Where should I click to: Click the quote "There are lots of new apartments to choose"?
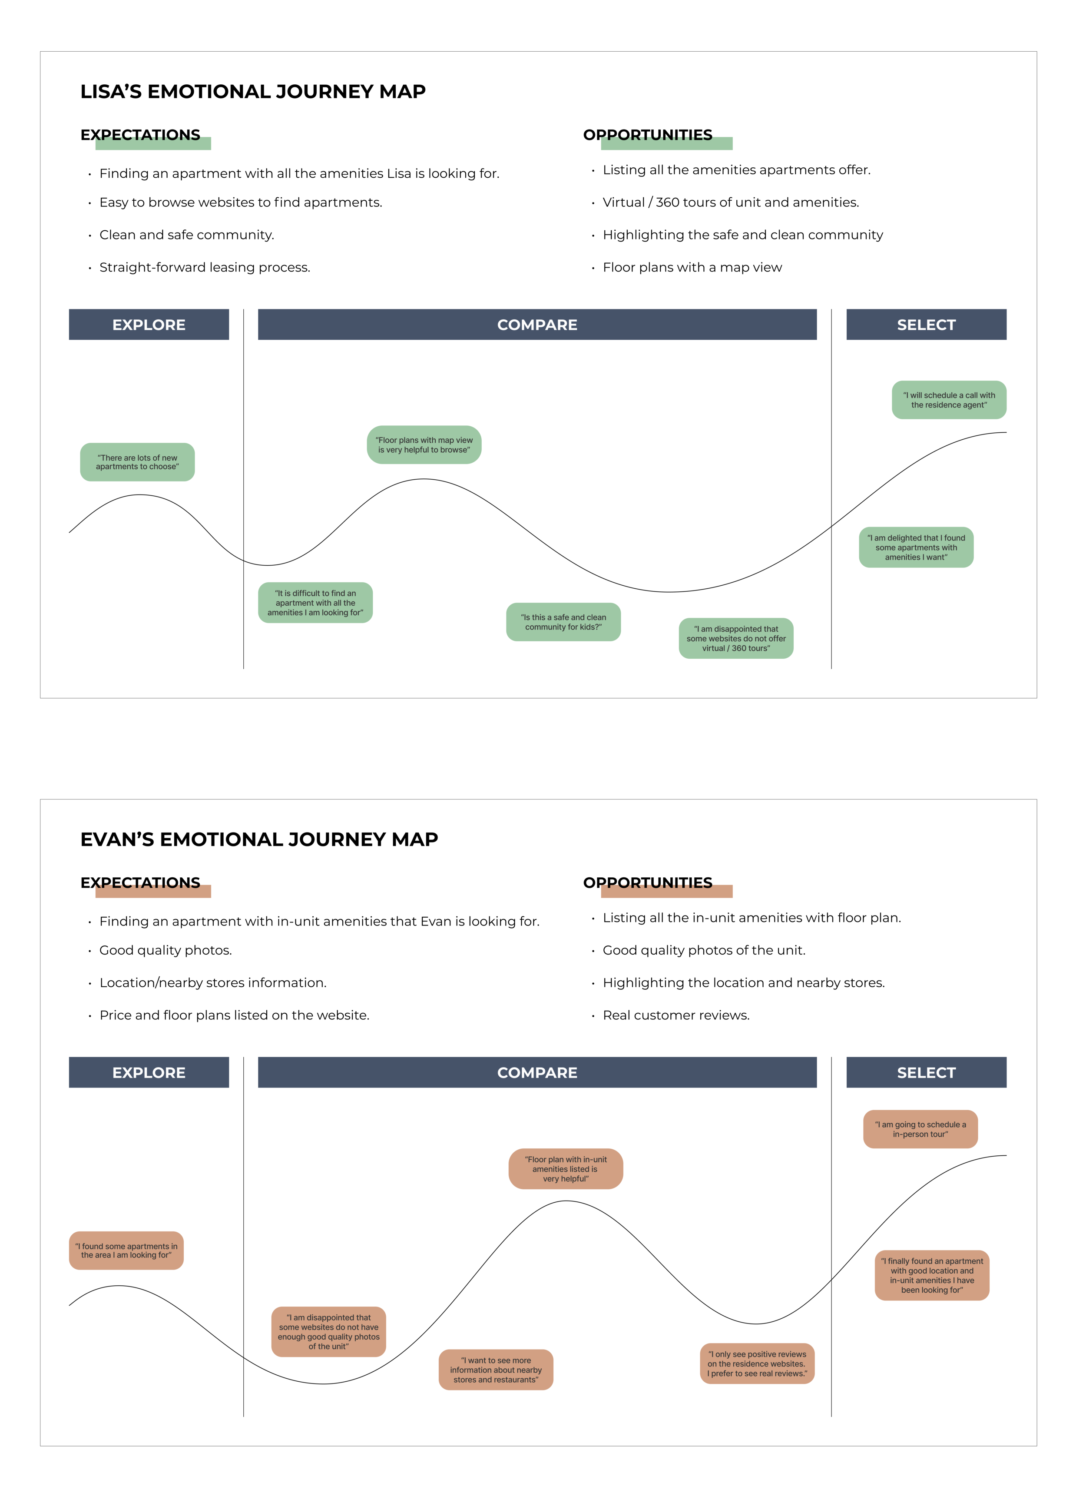(x=137, y=462)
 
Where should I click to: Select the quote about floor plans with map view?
(x=424, y=445)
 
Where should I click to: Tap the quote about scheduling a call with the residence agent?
(x=949, y=400)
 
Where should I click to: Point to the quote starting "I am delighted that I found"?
(x=916, y=547)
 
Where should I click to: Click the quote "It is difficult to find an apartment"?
(x=315, y=603)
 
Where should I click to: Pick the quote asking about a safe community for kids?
(x=563, y=622)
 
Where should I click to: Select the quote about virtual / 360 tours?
(x=736, y=638)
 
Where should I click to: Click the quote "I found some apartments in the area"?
(x=126, y=1251)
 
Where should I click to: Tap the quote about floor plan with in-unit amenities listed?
(x=566, y=1169)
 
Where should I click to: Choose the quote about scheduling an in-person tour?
(x=920, y=1129)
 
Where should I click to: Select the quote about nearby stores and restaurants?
(x=496, y=1370)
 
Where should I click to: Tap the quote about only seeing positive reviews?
(x=757, y=1364)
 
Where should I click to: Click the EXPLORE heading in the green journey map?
(x=149, y=325)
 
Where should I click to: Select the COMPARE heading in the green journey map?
(x=537, y=325)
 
